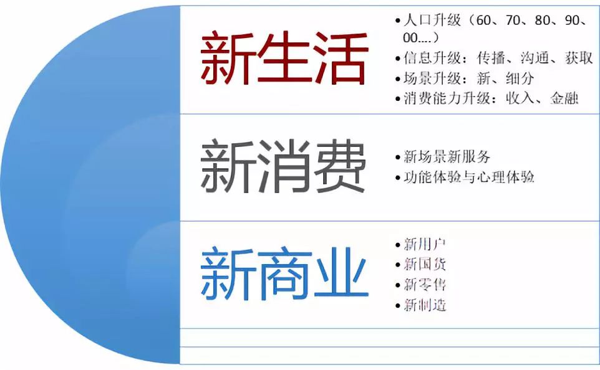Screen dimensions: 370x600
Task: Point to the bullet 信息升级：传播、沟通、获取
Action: click(493, 59)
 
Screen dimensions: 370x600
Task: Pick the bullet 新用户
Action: click(425, 244)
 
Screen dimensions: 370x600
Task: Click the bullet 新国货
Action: click(425, 264)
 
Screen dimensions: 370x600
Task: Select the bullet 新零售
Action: click(425, 285)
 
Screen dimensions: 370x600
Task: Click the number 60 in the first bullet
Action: click(484, 20)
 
